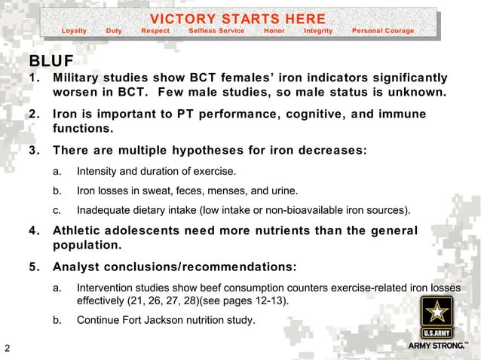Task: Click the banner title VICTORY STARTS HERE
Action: [237, 19]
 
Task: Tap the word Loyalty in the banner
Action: [74, 31]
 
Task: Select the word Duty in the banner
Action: [114, 31]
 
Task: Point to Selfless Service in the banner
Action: [216, 31]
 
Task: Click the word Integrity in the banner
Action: [317, 31]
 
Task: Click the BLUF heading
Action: [51, 61]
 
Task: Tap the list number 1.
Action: [33, 78]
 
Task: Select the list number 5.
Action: [33, 266]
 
